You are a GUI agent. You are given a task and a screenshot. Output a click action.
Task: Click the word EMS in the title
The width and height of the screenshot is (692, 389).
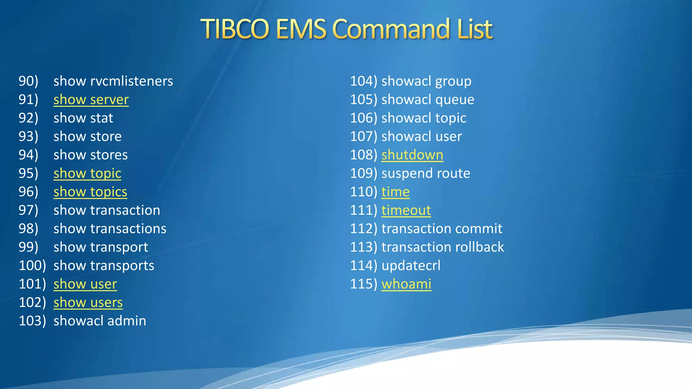301,29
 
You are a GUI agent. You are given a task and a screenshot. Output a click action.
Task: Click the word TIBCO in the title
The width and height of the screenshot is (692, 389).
235,29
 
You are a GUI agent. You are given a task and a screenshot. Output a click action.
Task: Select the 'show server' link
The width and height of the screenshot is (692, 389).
91,100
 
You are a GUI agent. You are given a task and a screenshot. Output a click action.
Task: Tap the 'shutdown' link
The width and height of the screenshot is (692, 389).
412,155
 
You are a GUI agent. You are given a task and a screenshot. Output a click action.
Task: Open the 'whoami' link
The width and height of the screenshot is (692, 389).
406,284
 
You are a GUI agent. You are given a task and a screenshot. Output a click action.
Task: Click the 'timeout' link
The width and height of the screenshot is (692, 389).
406,210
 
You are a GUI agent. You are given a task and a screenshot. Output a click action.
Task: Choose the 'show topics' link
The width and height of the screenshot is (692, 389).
90,192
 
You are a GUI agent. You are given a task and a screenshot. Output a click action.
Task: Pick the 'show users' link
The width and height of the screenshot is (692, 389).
88,303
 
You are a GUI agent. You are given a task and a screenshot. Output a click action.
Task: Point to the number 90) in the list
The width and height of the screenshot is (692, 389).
28,81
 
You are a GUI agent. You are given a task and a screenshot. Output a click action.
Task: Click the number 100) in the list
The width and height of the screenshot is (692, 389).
32,265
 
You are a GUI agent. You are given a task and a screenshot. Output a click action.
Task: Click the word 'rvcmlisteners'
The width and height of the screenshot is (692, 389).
131,81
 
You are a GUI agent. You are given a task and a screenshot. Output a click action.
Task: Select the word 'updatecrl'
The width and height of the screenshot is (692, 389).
411,265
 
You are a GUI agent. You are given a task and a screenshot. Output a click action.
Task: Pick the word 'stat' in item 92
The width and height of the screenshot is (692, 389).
101,118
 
